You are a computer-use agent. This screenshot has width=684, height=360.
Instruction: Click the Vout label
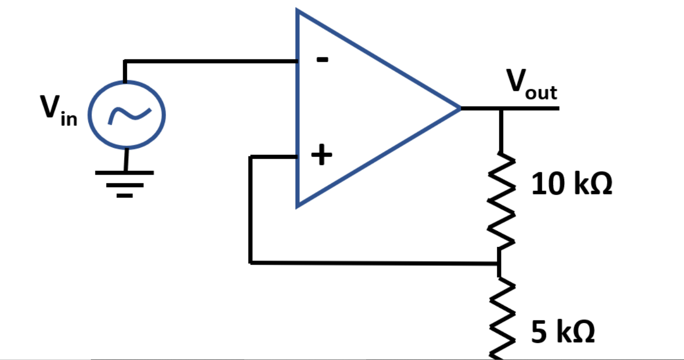[x=531, y=84]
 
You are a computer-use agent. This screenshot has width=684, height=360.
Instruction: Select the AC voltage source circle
[x=127, y=115]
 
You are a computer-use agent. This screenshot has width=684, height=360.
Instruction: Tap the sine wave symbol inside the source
[x=127, y=116]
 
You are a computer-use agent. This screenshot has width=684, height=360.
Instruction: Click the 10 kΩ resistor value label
[x=571, y=184]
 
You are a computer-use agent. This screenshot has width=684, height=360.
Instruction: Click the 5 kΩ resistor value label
[x=563, y=333]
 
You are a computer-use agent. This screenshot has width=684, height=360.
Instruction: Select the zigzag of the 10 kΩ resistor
[x=501, y=201]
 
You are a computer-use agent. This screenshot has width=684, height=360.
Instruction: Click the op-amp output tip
[x=460, y=108]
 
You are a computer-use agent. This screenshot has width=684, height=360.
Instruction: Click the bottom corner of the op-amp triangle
[x=299, y=205]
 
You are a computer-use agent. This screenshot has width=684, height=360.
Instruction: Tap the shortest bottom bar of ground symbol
[x=124, y=195]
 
